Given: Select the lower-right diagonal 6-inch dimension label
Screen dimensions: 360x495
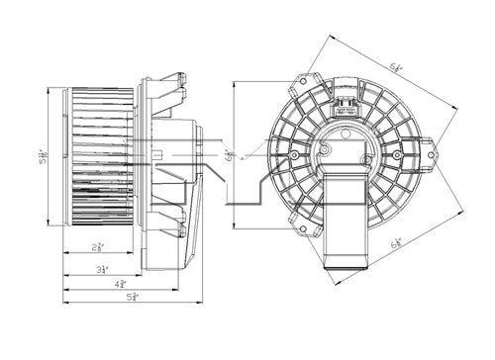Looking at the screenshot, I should (x=399, y=241).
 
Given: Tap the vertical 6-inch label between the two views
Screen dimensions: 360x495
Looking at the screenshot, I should (x=229, y=154).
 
